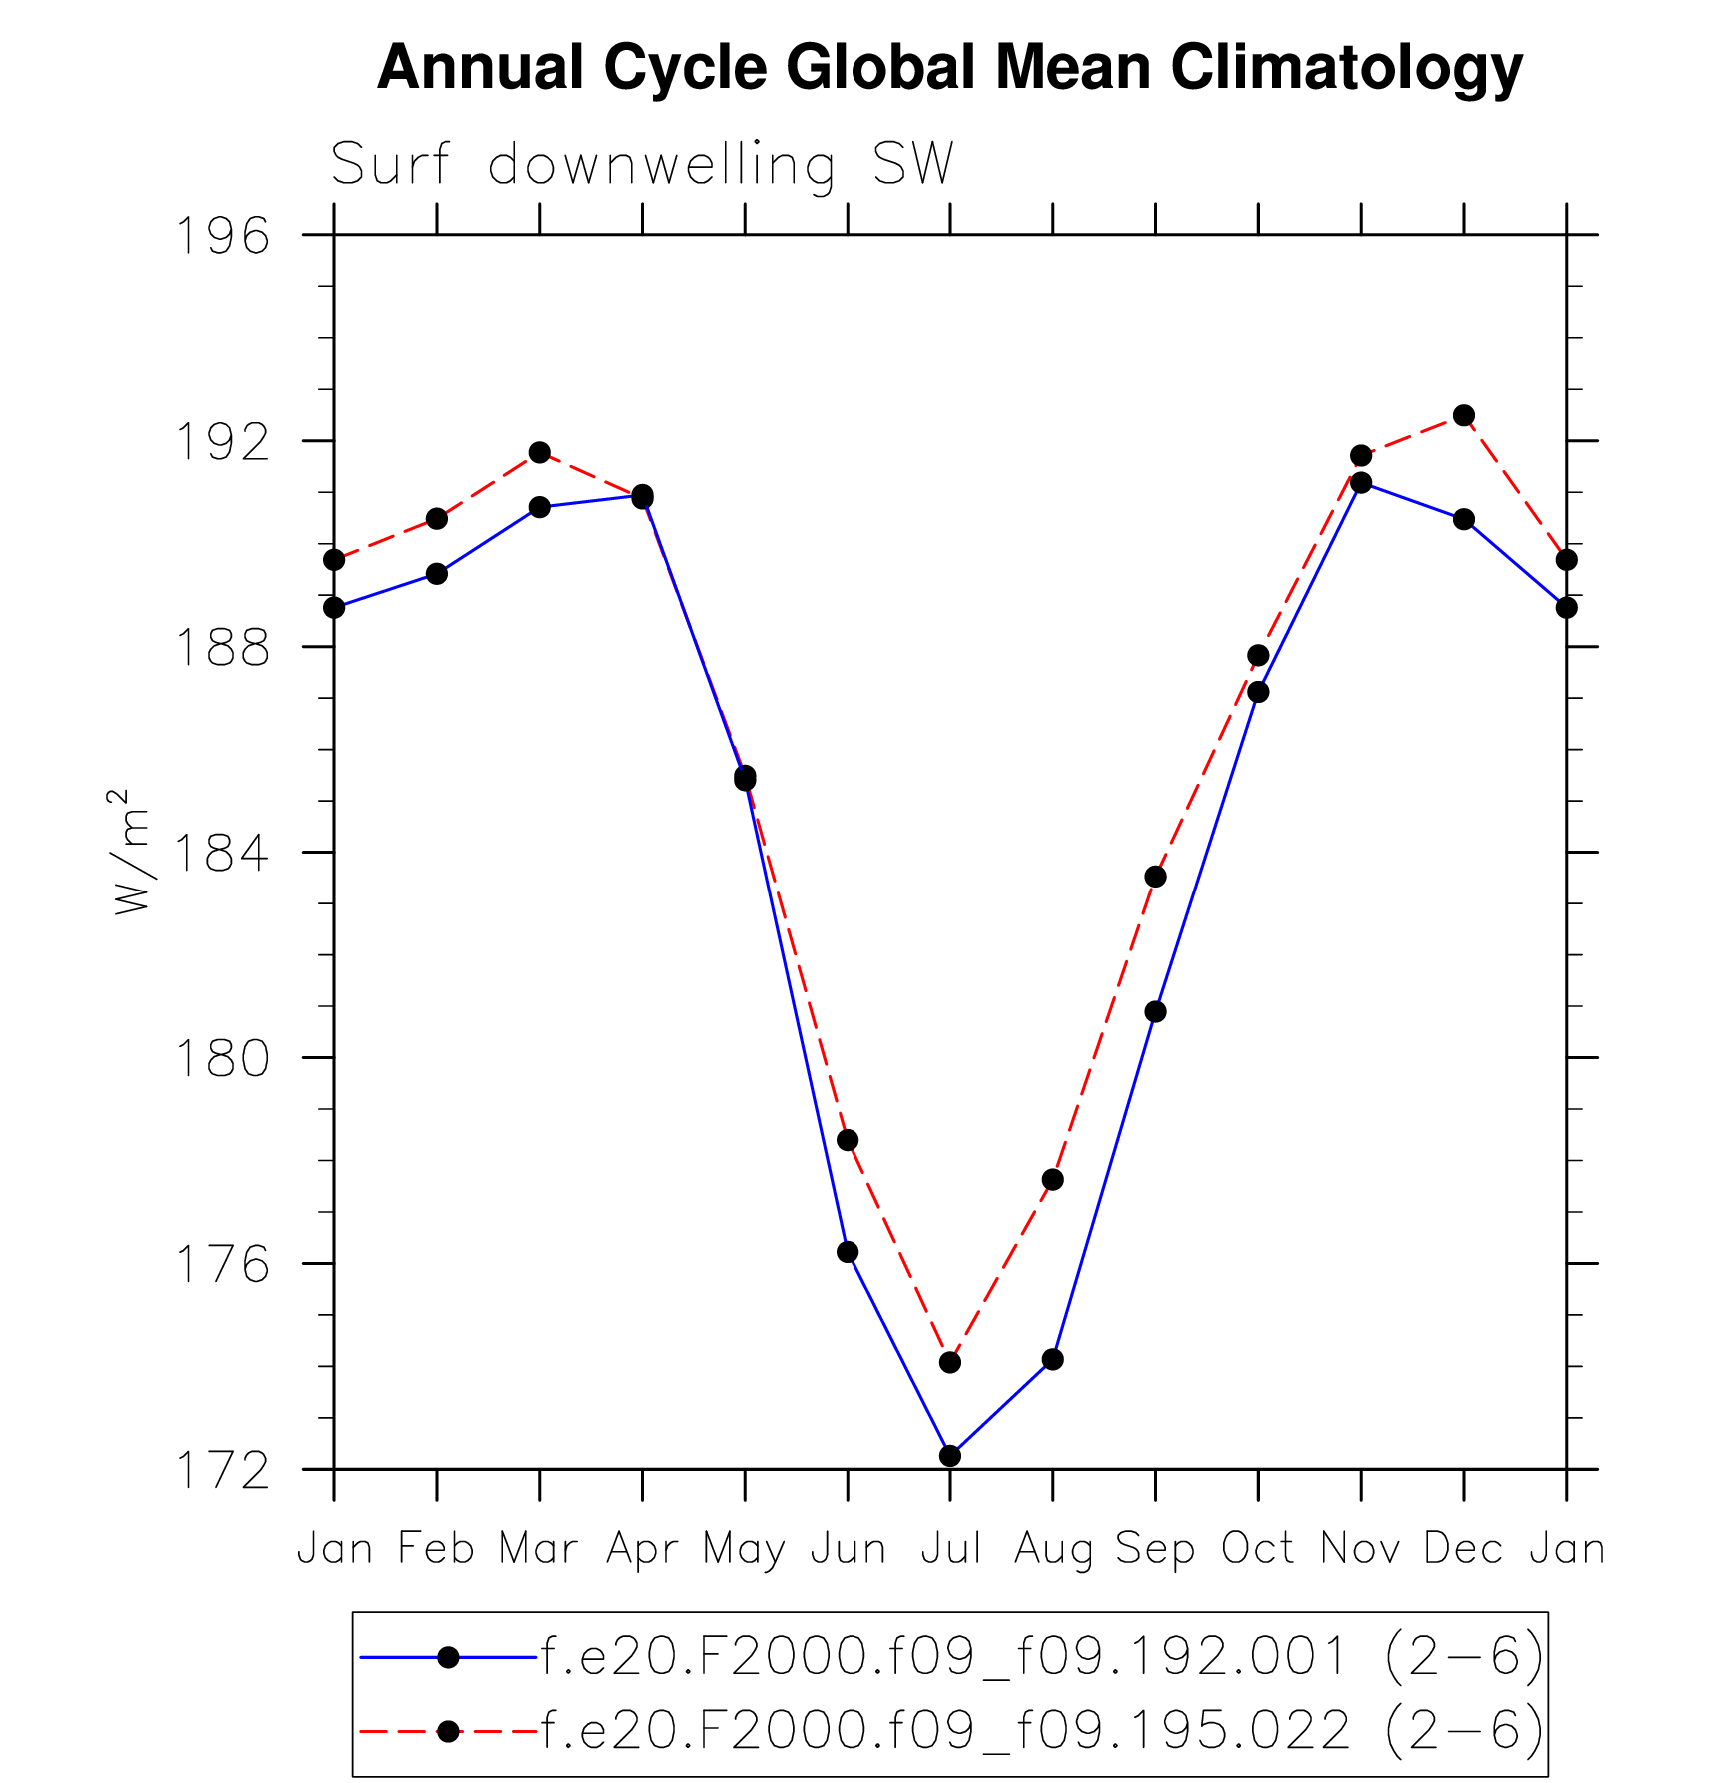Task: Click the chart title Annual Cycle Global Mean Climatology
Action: coord(949,68)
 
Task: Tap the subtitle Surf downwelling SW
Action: coord(642,165)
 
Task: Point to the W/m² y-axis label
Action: coord(131,852)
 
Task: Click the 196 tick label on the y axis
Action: coord(222,237)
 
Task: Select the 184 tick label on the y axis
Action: coord(222,854)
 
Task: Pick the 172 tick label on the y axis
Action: coord(222,1470)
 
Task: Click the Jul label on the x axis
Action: coord(950,1549)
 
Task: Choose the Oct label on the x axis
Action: coord(1258,1549)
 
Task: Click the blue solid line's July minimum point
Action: coord(950,1456)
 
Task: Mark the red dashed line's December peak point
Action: coord(1464,415)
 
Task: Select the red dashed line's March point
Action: coord(540,452)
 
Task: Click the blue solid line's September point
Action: coord(1155,1012)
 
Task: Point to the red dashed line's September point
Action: coord(1155,877)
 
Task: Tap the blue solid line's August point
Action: coord(1052,1359)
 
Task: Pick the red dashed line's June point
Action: coord(848,1140)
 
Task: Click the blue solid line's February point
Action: coord(437,573)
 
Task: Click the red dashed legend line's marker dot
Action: coord(449,1731)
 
